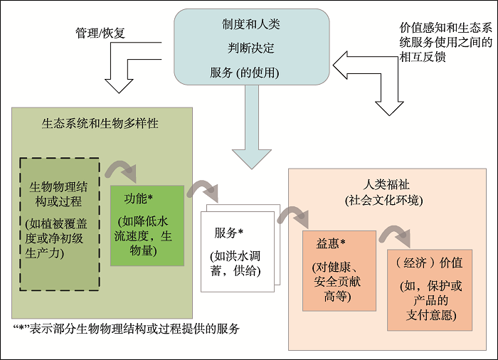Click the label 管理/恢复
point(100,33)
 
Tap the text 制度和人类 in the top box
point(251,25)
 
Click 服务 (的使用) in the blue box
point(245,73)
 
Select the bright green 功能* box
point(147,225)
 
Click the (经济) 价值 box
point(429,289)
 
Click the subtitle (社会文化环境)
point(383,201)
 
